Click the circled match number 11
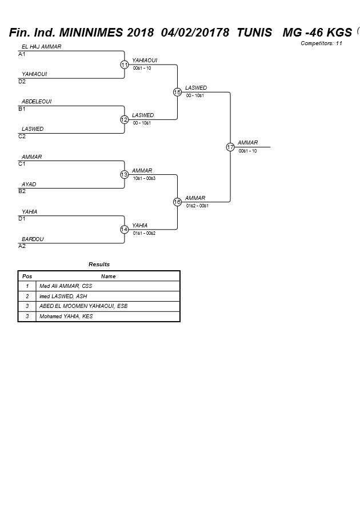(x=124, y=65)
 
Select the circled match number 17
(x=230, y=147)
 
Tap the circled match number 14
(x=124, y=229)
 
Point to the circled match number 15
(x=177, y=92)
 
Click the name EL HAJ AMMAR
(x=41, y=47)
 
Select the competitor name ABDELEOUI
(x=37, y=102)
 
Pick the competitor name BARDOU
(x=33, y=239)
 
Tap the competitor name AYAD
(x=29, y=185)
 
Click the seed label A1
(x=22, y=54)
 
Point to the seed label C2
(x=22, y=137)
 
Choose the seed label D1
(x=22, y=219)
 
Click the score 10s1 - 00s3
(x=144, y=178)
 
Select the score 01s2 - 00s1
(x=197, y=206)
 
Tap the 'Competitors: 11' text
(x=321, y=43)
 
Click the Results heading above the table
(x=99, y=264)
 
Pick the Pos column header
(x=27, y=276)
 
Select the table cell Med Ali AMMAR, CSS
(x=66, y=286)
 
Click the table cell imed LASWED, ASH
(x=63, y=296)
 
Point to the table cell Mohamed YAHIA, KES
(x=66, y=316)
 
